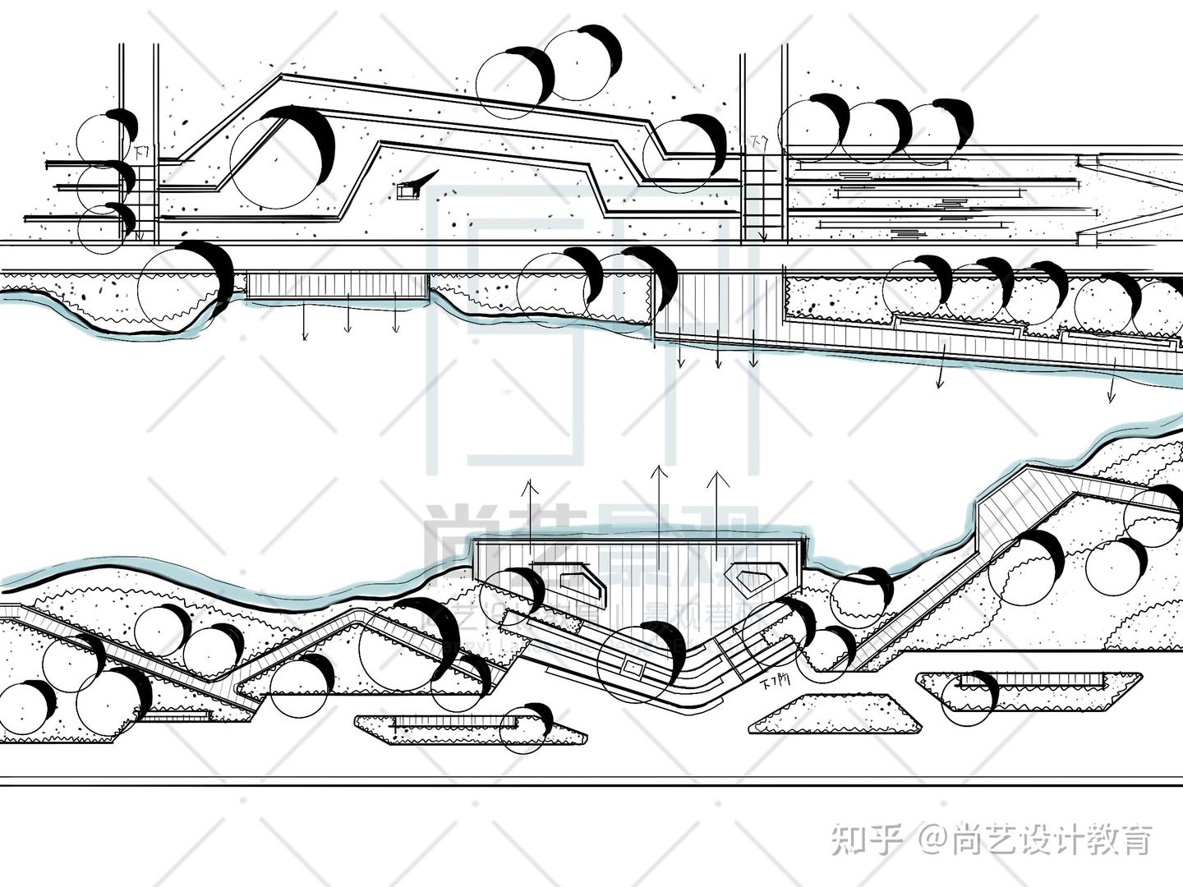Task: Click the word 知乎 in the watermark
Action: (x=867, y=839)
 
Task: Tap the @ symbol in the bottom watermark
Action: (x=934, y=839)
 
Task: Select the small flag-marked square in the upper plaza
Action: (x=405, y=191)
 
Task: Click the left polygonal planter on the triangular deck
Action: (x=583, y=579)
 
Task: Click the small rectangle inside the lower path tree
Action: (x=633, y=669)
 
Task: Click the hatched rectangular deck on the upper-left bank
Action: (x=337, y=285)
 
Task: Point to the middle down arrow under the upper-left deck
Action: (x=348, y=318)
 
